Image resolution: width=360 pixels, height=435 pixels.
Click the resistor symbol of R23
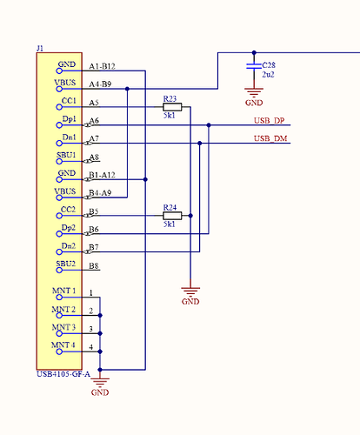(x=172, y=107)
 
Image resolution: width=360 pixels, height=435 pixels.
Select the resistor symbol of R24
(x=172, y=216)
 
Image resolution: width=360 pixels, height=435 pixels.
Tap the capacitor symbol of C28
(x=254, y=66)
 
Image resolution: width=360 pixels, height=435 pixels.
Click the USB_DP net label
(x=269, y=121)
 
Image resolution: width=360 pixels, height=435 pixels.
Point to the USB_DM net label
(x=270, y=138)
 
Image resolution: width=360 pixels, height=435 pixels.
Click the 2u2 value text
(x=268, y=75)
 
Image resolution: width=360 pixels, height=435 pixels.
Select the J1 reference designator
(x=40, y=48)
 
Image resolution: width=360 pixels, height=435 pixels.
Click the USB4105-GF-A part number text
(x=63, y=374)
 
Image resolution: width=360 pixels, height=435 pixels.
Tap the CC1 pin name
(x=69, y=101)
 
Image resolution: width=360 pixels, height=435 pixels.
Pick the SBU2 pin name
(x=66, y=264)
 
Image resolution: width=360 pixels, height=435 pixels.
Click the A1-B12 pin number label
(x=102, y=66)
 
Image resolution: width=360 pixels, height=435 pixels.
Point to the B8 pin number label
(x=94, y=265)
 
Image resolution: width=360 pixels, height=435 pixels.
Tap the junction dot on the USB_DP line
(x=209, y=125)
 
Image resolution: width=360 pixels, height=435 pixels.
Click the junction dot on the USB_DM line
(x=200, y=143)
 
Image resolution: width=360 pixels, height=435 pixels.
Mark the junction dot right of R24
(x=190, y=216)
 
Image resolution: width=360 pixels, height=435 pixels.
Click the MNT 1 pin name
(x=63, y=291)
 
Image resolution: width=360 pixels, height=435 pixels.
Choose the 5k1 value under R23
(x=170, y=116)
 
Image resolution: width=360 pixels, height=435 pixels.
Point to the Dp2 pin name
(x=69, y=228)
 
